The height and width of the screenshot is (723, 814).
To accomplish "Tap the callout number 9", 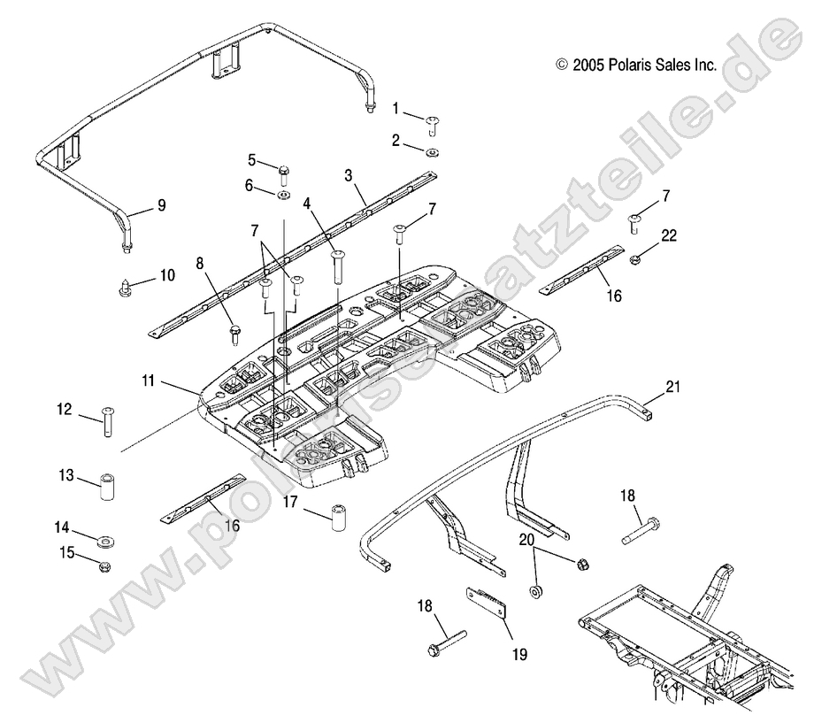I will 161,204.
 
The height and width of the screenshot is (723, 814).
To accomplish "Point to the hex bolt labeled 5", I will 282,171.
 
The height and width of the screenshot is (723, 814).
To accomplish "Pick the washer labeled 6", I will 283,193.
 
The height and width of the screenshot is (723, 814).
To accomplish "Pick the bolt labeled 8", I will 234,334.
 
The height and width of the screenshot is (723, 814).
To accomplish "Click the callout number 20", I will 526,539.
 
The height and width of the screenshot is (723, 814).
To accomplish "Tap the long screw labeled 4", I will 337,265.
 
